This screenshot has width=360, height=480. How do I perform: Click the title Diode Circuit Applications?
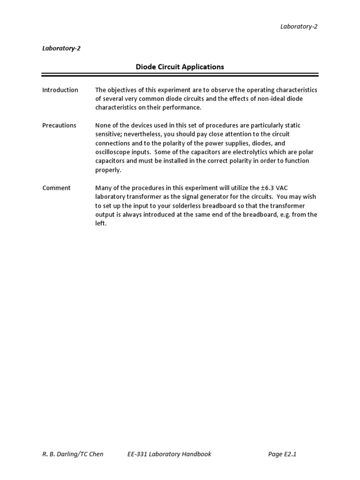click(x=180, y=67)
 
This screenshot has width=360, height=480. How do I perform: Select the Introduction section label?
click(x=60, y=90)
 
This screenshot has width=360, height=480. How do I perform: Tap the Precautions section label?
click(x=59, y=125)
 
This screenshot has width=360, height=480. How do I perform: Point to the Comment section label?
click(x=56, y=188)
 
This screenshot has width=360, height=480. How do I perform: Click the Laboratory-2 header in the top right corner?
click(x=299, y=26)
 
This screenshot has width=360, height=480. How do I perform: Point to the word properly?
click(x=108, y=170)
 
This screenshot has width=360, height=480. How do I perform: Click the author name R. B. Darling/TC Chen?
click(x=73, y=454)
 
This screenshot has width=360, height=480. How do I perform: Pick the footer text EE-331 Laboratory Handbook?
click(x=169, y=454)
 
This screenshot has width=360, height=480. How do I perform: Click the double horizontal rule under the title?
click(x=180, y=75)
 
